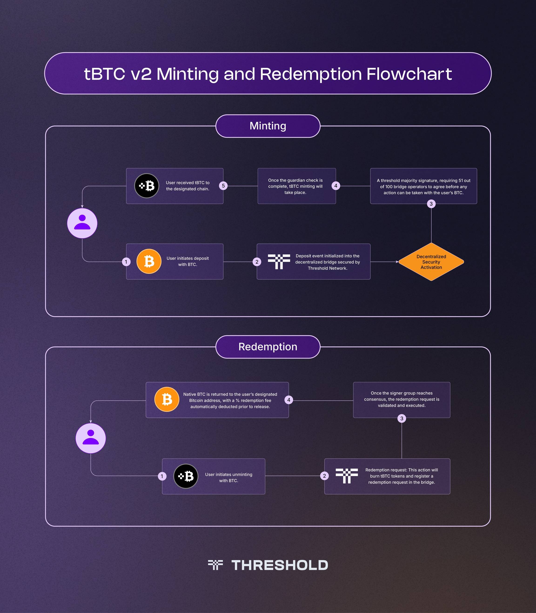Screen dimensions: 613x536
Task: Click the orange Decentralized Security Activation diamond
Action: (431, 262)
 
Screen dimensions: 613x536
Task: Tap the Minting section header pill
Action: (268, 126)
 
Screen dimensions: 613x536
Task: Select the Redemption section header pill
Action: (268, 347)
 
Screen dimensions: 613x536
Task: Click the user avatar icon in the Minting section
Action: (82, 223)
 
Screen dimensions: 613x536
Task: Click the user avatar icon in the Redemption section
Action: (91, 438)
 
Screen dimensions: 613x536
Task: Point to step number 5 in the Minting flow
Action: (223, 186)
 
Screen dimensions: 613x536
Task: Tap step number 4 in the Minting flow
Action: (336, 186)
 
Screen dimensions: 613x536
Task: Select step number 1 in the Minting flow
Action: (126, 262)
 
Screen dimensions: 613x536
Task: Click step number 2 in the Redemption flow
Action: (324, 476)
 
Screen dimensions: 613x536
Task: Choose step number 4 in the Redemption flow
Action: (289, 400)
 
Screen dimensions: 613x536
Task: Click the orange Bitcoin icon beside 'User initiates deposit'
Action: (149, 261)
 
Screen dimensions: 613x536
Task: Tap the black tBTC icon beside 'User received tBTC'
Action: (147, 186)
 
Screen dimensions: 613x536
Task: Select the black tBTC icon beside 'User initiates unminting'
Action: (186, 476)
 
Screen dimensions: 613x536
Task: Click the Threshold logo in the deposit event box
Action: (279, 261)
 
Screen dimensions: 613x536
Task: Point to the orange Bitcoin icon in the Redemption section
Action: (167, 399)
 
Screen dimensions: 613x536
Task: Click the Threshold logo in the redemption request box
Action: (347, 476)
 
